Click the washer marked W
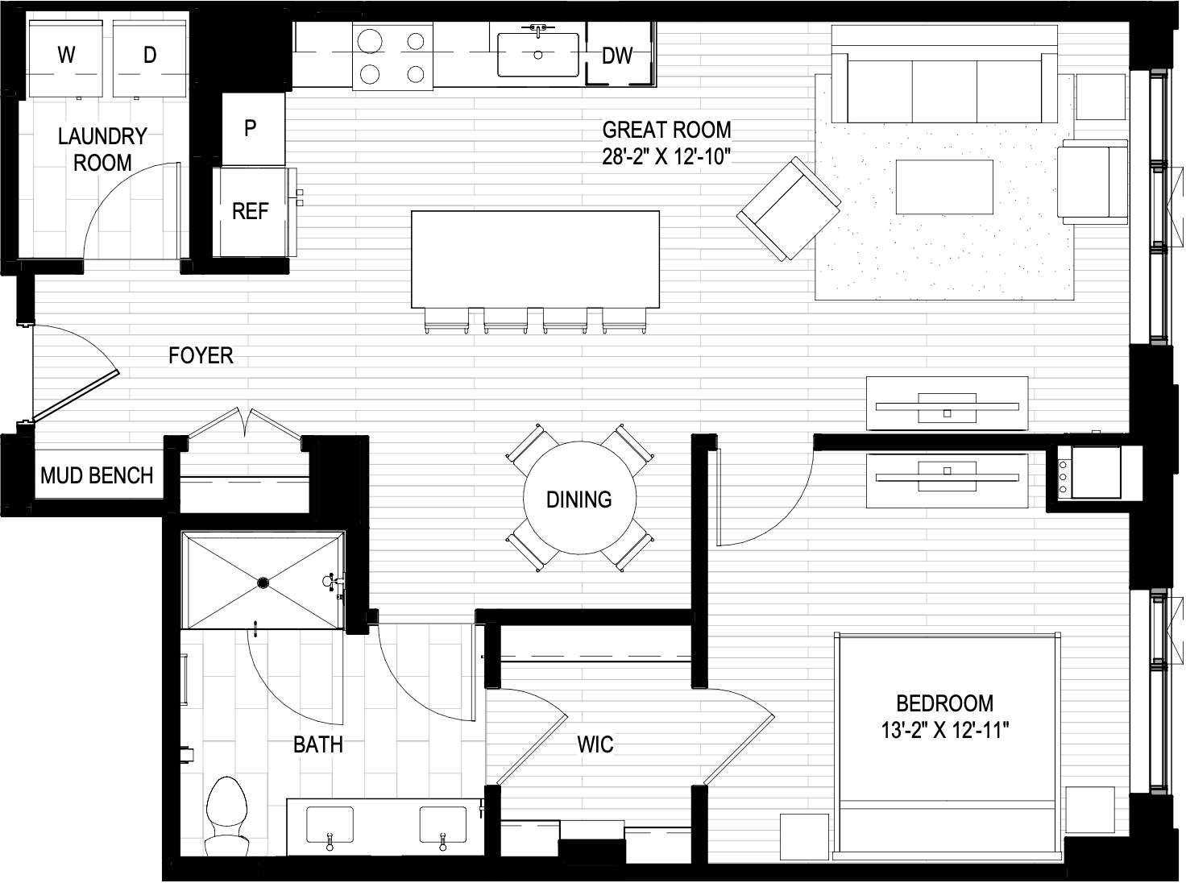pos(67,56)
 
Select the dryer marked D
pos(150,56)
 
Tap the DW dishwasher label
pos(618,56)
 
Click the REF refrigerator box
pos(250,211)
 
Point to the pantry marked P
pos(251,128)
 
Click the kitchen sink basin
pos(538,55)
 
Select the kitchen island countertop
pos(535,258)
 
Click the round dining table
pos(578,500)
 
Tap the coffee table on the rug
pos(943,186)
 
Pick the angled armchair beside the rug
pos(789,208)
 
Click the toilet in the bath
pos(226,814)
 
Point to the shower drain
pos(263,582)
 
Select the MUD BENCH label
pos(97,475)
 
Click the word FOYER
pos(201,355)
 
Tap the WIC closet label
pos(595,744)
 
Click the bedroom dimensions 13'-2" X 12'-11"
pos(944,731)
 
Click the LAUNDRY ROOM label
pos(102,149)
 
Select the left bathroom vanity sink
pos(330,825)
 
